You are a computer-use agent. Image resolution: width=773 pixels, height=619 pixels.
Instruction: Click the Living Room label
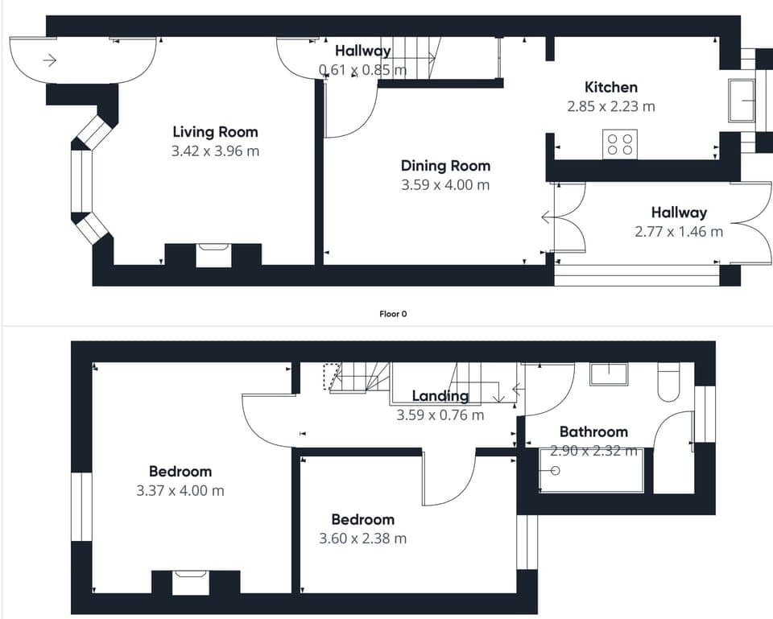[215, 132]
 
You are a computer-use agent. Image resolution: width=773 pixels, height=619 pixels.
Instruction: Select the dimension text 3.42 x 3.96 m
[215, 151]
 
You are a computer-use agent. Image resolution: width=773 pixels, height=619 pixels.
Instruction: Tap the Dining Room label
[445, 166]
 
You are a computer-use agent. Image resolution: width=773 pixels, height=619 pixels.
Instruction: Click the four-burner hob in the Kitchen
[619, 144]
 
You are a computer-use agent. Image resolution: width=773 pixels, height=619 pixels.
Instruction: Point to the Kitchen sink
[741, 100]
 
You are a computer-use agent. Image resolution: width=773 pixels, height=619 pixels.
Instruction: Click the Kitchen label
[610, 87]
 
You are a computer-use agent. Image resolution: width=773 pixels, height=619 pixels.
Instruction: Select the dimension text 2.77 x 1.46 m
[678, 232]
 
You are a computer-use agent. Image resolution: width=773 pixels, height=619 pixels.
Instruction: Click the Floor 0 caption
[393, 314]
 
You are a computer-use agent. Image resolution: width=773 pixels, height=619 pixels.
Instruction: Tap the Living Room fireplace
[213, 254]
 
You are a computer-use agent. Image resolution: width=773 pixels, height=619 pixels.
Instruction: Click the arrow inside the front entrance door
[50, 60]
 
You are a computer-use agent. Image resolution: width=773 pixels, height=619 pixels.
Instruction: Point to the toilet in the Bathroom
[668, 382]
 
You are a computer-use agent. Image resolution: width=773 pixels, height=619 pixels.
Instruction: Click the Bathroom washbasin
[608, 373]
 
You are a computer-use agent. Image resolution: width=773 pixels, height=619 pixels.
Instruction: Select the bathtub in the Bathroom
[591, 471]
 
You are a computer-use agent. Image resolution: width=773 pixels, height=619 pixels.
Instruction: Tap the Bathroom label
[593, 432]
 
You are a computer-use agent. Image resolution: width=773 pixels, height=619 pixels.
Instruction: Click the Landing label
[440, 396]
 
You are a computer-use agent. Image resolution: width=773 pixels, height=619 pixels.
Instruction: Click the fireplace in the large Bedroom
[191, 581]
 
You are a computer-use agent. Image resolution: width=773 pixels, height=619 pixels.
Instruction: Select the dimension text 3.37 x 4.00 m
[180, 490]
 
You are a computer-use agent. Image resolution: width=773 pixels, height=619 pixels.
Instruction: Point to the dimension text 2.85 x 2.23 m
[610, 105]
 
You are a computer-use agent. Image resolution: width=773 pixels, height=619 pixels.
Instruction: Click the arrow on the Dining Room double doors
[548, 217]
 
